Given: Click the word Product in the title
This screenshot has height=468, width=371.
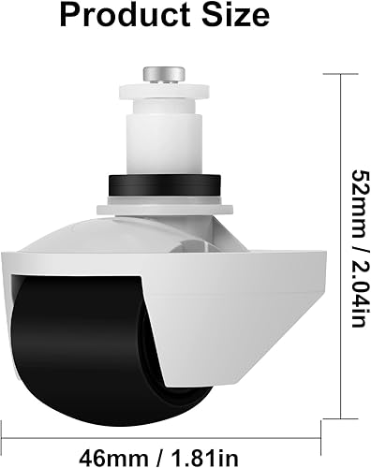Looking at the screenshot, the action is tap(125, 16).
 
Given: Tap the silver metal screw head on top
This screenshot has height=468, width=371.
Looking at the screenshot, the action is tap(164, 75).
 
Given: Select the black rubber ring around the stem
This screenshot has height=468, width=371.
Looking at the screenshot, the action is tap(165, 185).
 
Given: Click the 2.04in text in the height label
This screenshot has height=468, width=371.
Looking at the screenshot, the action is tap(362, 293).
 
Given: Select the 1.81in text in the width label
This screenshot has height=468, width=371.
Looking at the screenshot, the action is tap(205, 458).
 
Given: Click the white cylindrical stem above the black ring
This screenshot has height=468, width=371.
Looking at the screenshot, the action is tap(164, 143).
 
